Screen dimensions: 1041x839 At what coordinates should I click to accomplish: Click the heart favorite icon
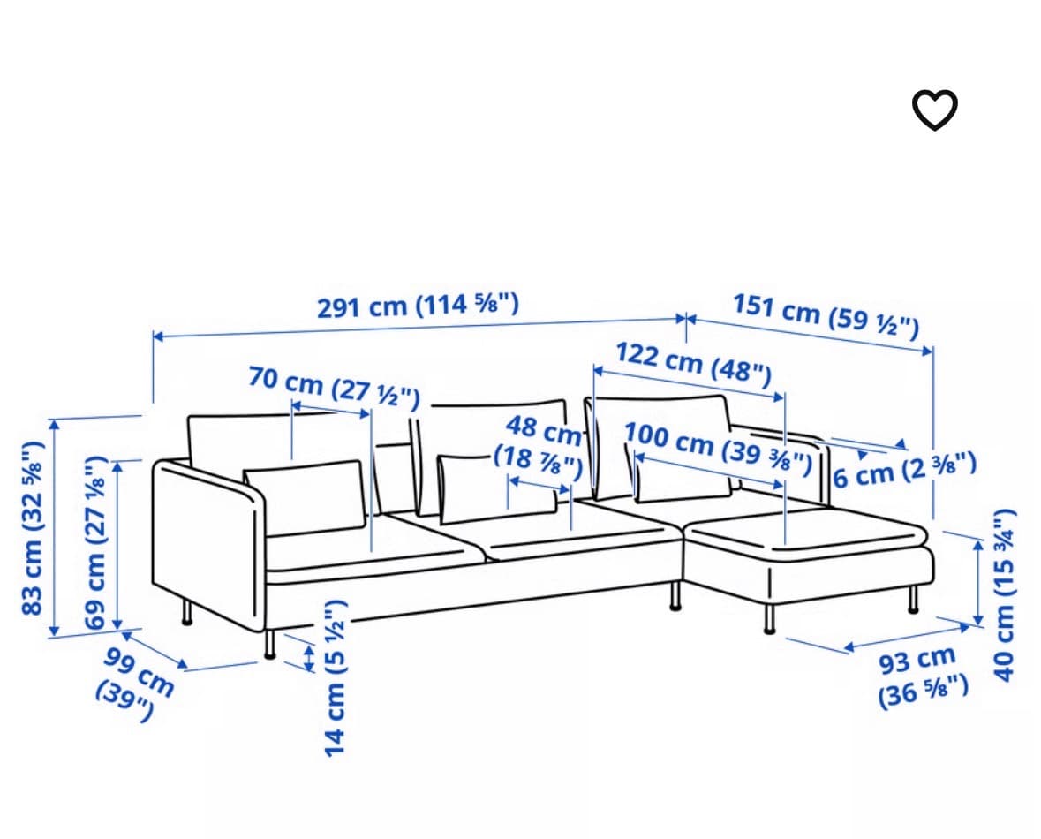pyautogui.click(x=935, y=110)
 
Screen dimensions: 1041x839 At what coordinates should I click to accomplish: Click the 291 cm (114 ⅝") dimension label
pyautogui.click(x=418, y=306)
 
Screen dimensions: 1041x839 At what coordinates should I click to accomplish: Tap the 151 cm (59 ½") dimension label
pyautogui.click(x=826, y=315)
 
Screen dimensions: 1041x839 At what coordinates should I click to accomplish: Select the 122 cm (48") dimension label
pyautogui.click(x=694, y=364)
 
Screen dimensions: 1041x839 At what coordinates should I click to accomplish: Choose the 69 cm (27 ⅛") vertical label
pyautogui.click(x=95, y=543)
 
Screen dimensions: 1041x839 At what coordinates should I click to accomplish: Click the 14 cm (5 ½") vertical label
pyautogui.click(x=336, y=677)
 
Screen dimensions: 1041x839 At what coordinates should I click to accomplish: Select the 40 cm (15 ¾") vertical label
pyautogui.click(x=1004, y=594)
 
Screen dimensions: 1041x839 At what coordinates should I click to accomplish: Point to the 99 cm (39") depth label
pyautogui.click(x=135, y=684)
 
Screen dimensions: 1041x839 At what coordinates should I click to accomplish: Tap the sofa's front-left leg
pyautogui.click(x=269, y=644)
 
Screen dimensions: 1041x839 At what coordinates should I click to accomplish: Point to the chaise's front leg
pyautogui.click(x=769, y=618)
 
